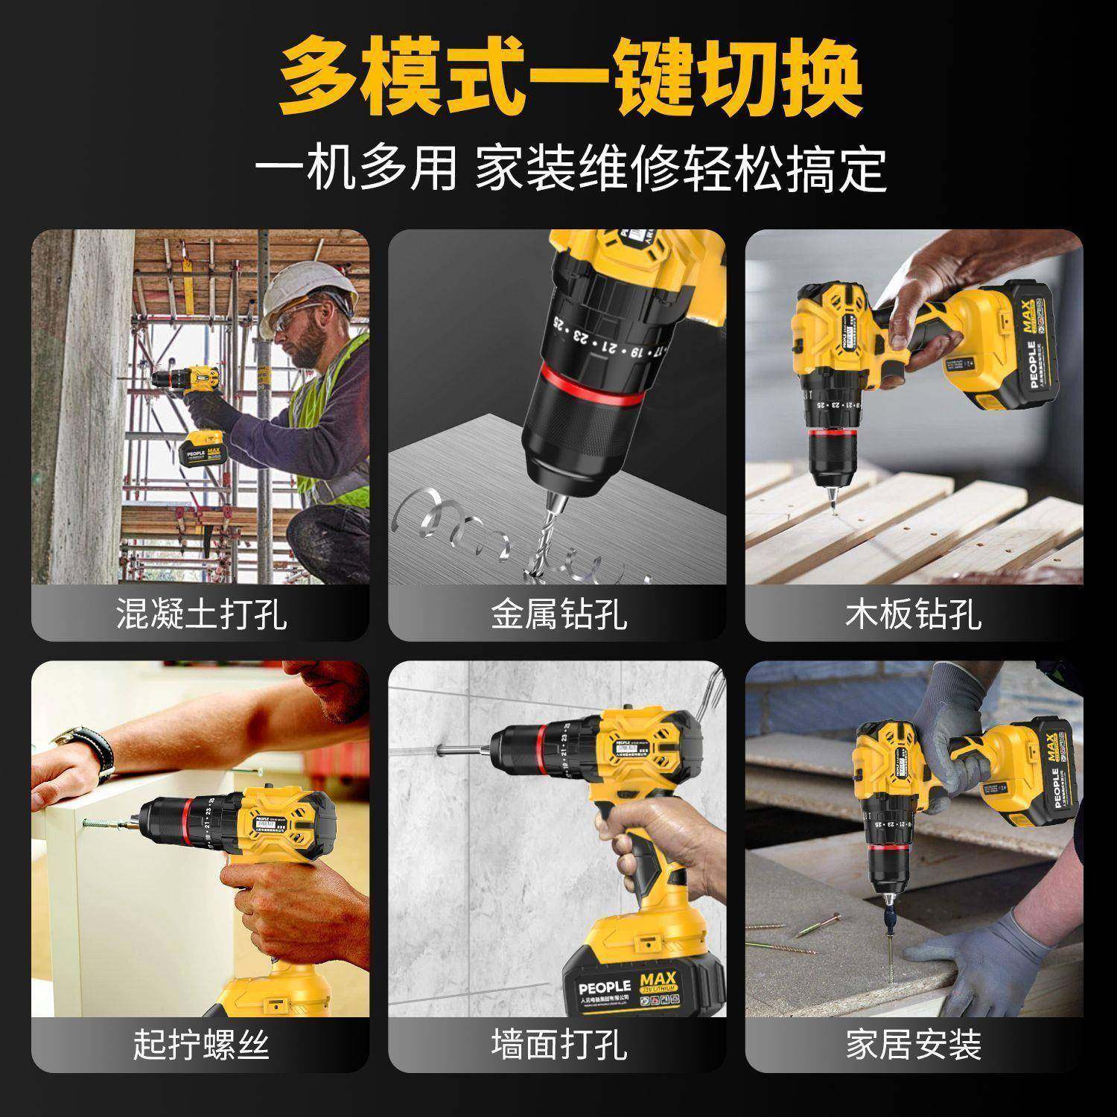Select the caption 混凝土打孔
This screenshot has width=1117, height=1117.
[200, 613]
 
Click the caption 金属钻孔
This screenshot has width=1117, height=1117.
[557, 613]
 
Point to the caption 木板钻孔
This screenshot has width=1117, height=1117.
[914, 613]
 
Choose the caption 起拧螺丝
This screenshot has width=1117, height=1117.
[200, 1044]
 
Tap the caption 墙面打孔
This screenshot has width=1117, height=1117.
[557, 1044]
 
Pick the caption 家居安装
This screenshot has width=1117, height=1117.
[914, 1044]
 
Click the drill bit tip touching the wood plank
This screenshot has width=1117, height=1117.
[833, 506]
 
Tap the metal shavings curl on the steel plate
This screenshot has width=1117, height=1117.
[462, 521]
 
